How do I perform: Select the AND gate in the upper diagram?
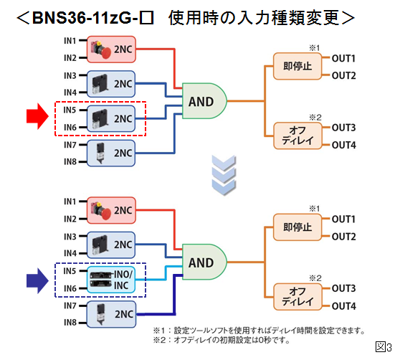(204, 102)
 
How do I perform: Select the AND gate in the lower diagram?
(204, 262)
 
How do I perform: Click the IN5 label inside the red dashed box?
(69, 110)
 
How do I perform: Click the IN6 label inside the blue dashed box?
(69, 288)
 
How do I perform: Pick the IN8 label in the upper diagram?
(69, 161)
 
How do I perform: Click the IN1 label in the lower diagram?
(69, 202)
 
